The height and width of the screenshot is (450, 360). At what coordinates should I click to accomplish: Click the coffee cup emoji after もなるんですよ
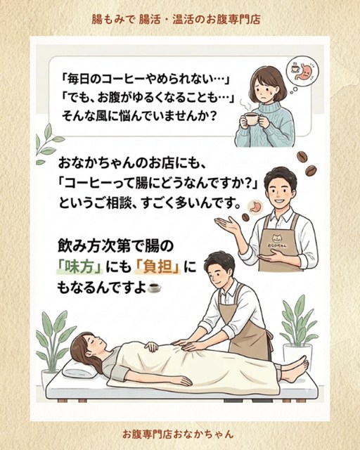(154, 288)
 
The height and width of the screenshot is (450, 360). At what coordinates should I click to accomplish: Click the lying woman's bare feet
(297, 369)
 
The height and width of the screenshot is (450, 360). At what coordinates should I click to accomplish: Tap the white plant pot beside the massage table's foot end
(297, 354)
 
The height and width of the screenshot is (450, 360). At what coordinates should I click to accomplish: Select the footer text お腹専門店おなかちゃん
(178, 433)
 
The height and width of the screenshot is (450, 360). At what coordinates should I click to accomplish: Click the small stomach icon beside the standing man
(255, 206)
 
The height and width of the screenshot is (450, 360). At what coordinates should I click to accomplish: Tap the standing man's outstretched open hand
(227, 224)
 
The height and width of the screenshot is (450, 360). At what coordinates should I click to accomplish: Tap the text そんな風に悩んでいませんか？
(139, 117)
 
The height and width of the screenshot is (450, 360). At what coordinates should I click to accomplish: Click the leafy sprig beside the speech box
(48, 143)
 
